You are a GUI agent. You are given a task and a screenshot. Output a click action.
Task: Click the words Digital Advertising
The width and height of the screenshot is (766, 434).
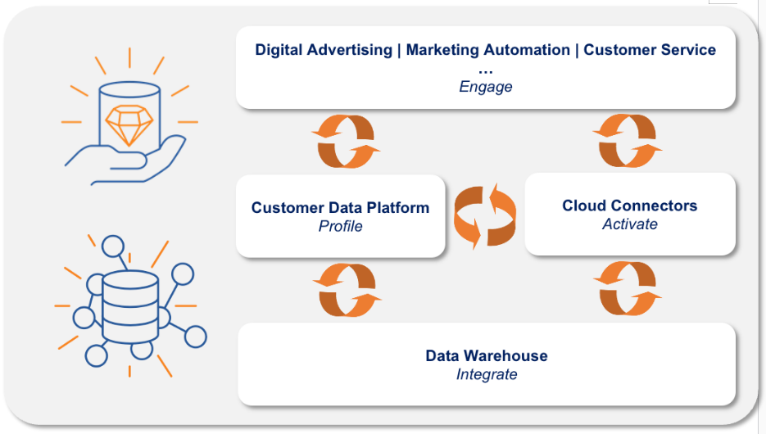click(x=324, y=50)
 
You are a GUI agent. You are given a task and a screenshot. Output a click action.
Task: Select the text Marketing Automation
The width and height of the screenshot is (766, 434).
click(x=487, y=50)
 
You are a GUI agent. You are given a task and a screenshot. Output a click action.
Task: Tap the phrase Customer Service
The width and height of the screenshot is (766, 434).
click(x=650, y=50)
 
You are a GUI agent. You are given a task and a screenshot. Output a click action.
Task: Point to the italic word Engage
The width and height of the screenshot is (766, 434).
click(x=486, y=87)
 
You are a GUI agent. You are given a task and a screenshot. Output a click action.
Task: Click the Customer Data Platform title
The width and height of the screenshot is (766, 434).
click(x=340, y=207)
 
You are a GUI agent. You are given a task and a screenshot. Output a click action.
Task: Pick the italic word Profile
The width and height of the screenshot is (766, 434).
click(x=340, y=226)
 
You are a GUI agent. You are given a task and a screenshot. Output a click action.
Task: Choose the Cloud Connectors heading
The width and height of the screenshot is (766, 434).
click(x=629, y=206)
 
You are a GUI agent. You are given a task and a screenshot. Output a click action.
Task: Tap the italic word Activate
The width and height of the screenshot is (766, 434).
click(x=629, y=224)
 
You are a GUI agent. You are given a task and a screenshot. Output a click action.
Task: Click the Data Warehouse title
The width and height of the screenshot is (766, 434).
click(x=487, y=355)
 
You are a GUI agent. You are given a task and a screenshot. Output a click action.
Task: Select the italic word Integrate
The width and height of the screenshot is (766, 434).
click(x=487, y=374)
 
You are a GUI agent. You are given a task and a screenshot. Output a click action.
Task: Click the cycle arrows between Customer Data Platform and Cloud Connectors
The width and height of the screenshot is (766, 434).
click(x=485, y=215)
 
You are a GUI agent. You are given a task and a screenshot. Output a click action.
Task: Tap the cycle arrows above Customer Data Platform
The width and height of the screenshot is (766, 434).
click(x=346, y=140)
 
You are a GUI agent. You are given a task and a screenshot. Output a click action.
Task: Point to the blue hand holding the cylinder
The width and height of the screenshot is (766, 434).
click(x=131, y=160)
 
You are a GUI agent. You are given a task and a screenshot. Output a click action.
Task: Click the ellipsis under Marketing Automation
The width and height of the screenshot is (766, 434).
click(x=486, y=70)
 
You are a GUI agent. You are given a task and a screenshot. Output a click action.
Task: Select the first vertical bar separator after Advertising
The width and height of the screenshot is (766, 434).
click(x=399, y=50)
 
